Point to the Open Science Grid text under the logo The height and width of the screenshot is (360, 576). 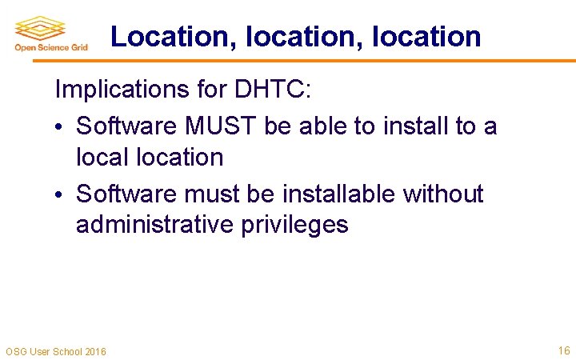pos(51,47)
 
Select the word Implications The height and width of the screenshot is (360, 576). pos(121,90)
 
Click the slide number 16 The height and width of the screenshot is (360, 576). pos(563,350)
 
